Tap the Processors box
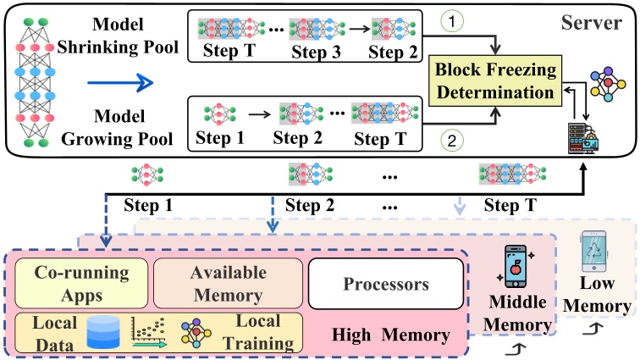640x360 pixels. point(386,283)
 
